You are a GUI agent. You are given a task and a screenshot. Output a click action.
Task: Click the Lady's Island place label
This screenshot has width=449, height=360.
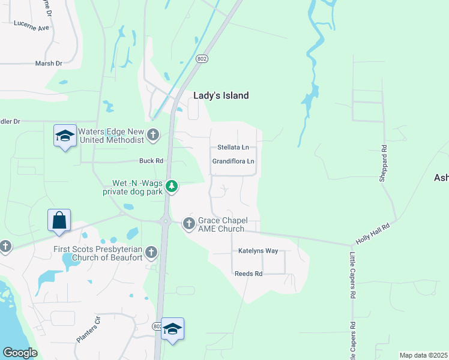pyautogui.click(x=221, y=95)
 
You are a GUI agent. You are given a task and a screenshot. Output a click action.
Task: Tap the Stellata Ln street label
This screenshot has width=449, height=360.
pyautogui.click(x=233, y=147)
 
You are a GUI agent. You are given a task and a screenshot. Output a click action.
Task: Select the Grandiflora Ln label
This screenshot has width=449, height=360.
pyautogui.click(x=234, y=161)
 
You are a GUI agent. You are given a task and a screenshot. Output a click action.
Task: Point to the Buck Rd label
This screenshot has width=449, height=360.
pyautogui.click(x=151, y=161)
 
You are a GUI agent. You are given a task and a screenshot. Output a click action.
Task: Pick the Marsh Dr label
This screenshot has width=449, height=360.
pyautogui.click(x=49, y=63)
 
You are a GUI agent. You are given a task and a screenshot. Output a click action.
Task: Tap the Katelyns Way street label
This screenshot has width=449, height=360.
pyautogui.click(x=258, y=251)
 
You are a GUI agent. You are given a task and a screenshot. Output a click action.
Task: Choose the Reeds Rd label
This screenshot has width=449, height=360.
pyautogui.click(x=249, y=274)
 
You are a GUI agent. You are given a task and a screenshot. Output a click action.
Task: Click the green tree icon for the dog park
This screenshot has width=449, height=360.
pyautogui.click(x=172, y=187)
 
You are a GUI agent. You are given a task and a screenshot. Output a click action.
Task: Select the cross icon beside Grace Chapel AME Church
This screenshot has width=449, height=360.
pyautogui.click(x=189, y=224)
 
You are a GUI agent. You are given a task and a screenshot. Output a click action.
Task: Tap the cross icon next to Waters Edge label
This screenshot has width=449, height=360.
pyautogui.click(x=154, y=135)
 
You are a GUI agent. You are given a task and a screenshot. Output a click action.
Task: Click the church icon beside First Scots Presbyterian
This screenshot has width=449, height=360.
pyautogui.click(x=151, y=253)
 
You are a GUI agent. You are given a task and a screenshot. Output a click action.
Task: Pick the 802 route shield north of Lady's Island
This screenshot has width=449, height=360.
pyautogui.click(x=202, y=58)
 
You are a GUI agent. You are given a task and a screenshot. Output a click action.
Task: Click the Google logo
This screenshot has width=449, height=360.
pyautogui.click(x=20, y=353)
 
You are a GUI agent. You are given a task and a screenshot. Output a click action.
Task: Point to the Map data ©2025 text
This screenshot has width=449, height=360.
pyautogui.click(x=423, y=355)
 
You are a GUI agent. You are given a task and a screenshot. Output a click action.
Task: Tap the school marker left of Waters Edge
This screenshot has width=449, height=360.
pyautogui.click(x=65, y=136)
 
